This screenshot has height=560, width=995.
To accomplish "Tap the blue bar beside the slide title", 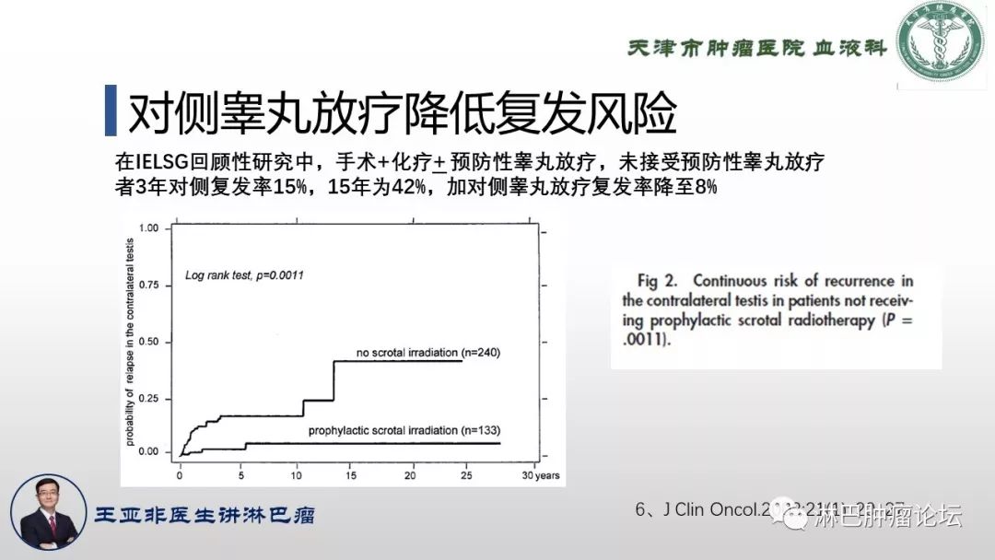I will coord(110,112).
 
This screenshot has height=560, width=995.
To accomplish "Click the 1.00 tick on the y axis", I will coord(147,227).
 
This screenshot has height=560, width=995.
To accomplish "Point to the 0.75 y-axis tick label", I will coord(147,285).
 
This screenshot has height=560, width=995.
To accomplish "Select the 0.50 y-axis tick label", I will coord(147,342).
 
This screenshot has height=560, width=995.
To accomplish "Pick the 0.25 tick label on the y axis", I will coord(147,397).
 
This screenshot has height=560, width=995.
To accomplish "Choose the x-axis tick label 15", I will coord(352,475).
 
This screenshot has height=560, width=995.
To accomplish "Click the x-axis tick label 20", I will coord(410,475).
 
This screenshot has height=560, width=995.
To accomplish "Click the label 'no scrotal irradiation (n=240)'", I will coord(428,353).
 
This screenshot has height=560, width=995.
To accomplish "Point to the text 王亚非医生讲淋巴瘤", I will coord(205,515).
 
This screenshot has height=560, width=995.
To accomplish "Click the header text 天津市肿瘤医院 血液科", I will coord(756,47).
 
